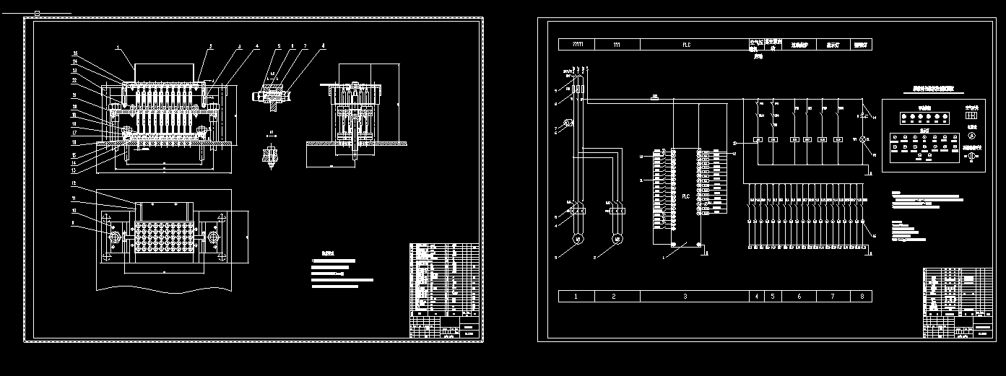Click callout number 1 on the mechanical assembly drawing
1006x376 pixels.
[118, 48]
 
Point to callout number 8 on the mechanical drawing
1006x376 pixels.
[323, 45]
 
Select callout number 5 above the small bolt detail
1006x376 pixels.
[279, 45]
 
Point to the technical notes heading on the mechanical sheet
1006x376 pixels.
[329, 253]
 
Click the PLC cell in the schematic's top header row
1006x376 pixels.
[686, 44]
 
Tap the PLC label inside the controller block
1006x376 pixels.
[685, 196]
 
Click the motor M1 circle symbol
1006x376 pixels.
[577, 238]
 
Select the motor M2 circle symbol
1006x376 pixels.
[616, 238]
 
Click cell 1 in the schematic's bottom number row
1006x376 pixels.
[576, 296]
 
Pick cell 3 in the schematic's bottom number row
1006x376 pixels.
[685, 296]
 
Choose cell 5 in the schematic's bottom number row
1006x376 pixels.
[772, 296]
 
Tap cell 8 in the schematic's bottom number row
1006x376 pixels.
[862, 296]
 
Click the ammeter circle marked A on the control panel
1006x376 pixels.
[971, 135]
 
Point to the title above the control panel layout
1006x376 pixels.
[933, 89]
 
